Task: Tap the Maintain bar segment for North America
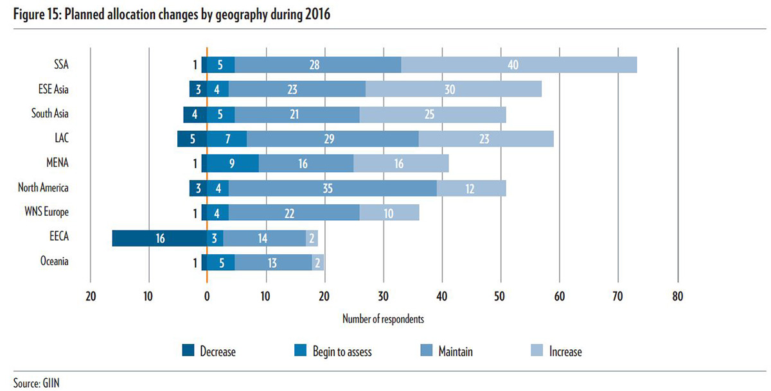(332, 188)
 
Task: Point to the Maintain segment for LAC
(332, 139)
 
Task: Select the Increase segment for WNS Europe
(389, 213)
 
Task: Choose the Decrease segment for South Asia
(195, 114)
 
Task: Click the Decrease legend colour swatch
(188, 351)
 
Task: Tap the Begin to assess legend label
(342, 351)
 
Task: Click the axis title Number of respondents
(383, 318)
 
